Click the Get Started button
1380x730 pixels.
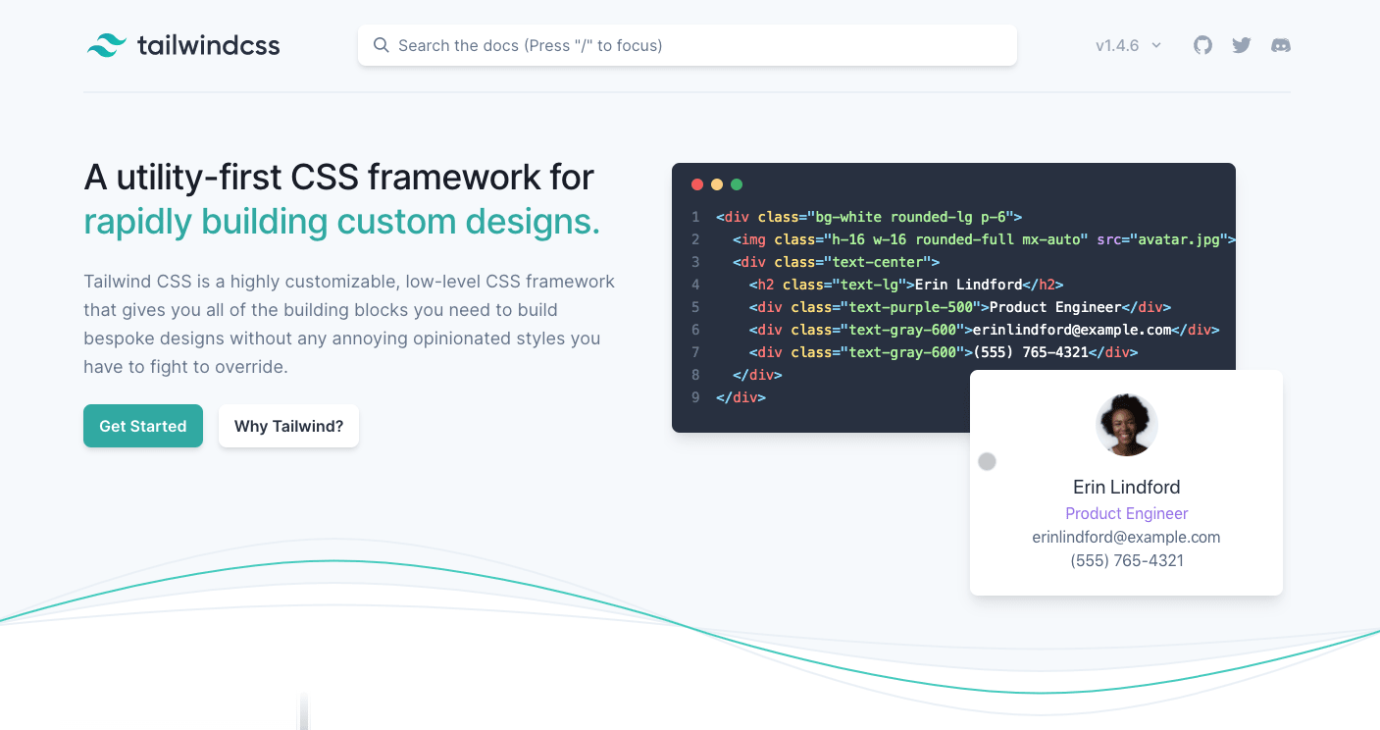[x=143, y=426]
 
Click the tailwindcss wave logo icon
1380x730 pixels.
[x=106, y=45]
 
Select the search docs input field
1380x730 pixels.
[x=687, y=45]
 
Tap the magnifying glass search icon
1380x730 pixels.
[x=382, y=45]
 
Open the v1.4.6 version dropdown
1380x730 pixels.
[x=1128, y=45]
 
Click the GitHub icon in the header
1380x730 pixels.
[x=1202, y=45]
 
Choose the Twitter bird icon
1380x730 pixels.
[x=1242, y=45]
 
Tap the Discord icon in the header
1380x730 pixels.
[x=1281, y=45]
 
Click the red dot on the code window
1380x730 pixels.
[x=697, y=184]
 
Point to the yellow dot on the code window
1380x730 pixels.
[x=717, y=184]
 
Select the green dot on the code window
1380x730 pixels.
[x=737, y=184]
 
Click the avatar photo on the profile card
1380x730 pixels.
[x=1127, y=425]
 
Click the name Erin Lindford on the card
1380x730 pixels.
[x=1127, y=487]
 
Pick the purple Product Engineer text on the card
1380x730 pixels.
[x=1127, y=513]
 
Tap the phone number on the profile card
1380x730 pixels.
[x=1127, y=560]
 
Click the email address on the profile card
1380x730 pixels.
[x=1127, y=537]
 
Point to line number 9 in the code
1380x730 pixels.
[x=695, y=397]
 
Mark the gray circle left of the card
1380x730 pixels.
[x=988, y=461]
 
